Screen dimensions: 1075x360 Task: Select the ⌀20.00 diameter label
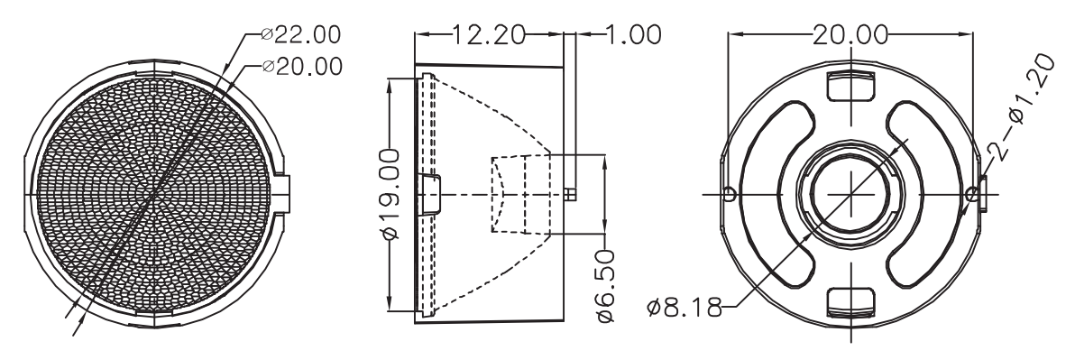pyautogui.click(x=302, y=67)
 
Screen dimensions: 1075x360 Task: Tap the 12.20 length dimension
pyautogui.click(x=488, y=34)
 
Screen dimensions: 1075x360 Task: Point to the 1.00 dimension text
pyautogui.click(x=632, y=34)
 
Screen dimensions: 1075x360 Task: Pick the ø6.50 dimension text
pyautogui.click(x=605, y=286)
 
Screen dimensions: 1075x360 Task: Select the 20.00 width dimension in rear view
pyautogui.click(x=850, y=34)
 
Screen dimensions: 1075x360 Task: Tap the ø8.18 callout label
pyautogui.click(x=685, y=307)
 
